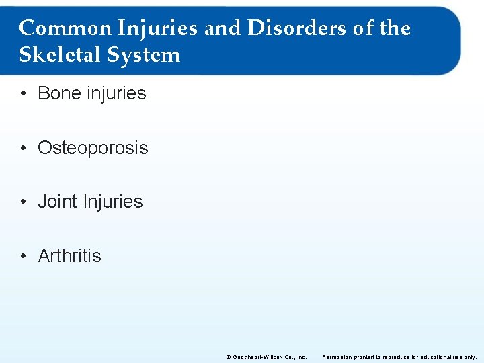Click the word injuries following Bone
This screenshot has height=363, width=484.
(x=117, y=93)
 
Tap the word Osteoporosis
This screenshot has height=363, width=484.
(x=93, y=148)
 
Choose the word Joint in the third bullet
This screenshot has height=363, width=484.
(x=56, y=202)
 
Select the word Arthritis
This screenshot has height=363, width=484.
(x=70, y=256)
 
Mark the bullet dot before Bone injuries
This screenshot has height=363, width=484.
(x=24, y=94)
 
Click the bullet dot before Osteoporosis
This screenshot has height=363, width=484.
(x=24, y=148)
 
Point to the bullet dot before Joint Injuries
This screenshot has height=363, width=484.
(x=24, y=202)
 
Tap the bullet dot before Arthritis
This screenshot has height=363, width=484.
(x=24, y=256)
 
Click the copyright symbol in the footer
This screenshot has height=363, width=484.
(x=229, y=357)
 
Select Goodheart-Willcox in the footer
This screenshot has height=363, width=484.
(x=259, y=357)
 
